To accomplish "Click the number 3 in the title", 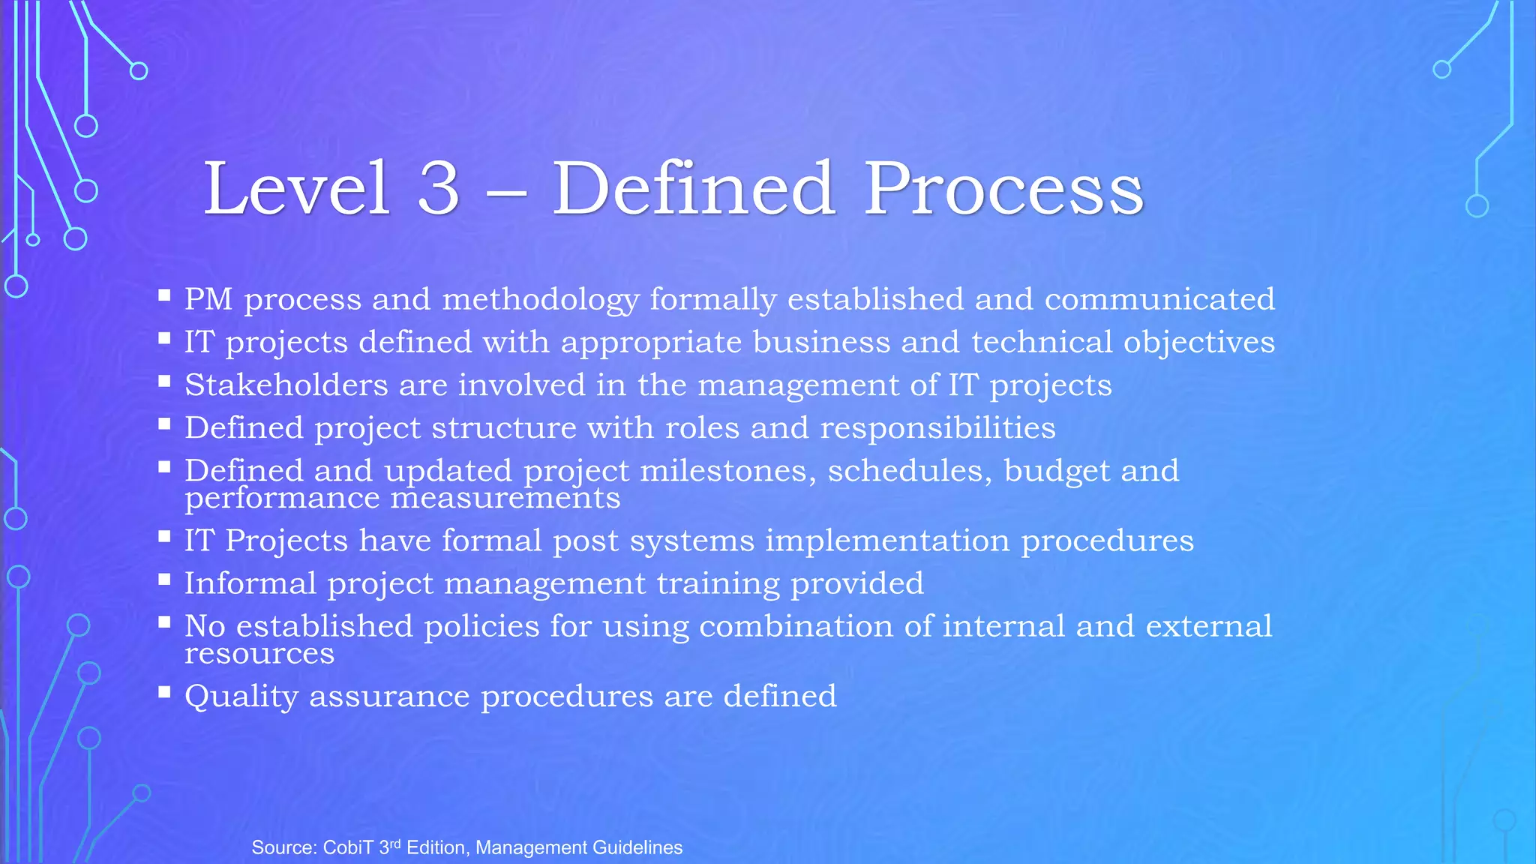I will coord(438,188).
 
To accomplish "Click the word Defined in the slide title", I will coord(693,188).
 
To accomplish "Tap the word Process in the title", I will coord(1003,188).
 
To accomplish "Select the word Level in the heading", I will coord(296,188).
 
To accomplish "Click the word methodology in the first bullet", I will coord(540,300).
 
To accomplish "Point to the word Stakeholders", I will coord(286,385).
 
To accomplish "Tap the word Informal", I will coord(250,583).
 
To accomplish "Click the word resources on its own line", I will coord(259,654).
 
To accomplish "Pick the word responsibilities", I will coord(937,428).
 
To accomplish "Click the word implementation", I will coord(887,541).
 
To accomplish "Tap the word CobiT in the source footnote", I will coord(348,847).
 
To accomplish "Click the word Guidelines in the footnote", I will coord(637,847).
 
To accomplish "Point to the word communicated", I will coord(1159,299).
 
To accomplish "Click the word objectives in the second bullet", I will coord(1198,343).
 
